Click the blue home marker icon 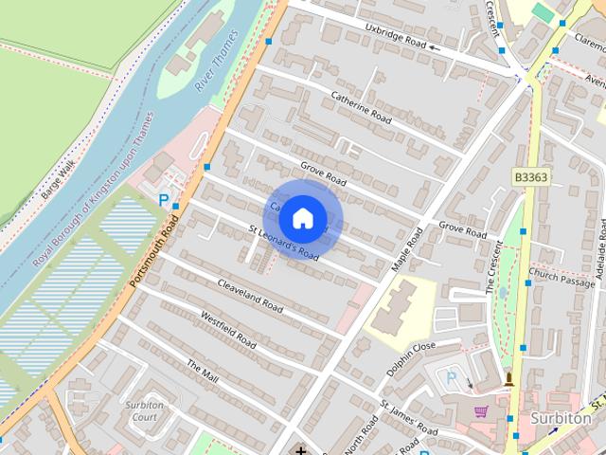(301, 218)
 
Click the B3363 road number (532, 177)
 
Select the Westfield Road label (228, 328)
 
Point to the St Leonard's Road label (283, 243)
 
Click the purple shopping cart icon (481, 410)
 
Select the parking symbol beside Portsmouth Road (165, 200)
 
